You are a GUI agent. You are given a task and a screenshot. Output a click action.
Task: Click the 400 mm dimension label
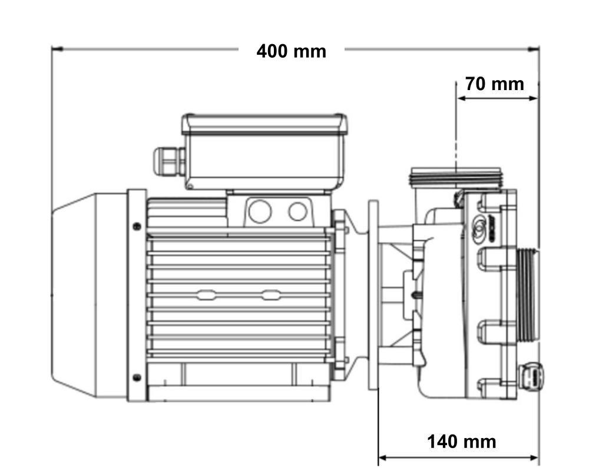pos(291,51)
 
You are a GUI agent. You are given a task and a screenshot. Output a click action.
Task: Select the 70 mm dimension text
pos(494,84)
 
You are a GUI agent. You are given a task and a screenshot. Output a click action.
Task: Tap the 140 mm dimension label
pos(461,442)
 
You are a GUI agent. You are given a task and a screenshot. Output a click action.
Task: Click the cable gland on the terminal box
pos(169,161)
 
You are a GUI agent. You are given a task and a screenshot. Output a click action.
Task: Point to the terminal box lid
pos(264,124)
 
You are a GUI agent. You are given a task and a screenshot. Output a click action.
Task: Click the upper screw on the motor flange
pos(137,226)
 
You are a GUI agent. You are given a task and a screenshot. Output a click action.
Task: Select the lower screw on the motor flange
pos(137,377)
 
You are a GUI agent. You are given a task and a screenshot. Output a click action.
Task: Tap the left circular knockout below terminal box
pos(260,211)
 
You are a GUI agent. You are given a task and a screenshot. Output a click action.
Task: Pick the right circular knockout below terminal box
pos(298,211)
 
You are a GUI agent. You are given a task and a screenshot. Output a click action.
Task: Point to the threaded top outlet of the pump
pos(456,177)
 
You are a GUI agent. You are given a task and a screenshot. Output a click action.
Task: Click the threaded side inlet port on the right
pos(528,295)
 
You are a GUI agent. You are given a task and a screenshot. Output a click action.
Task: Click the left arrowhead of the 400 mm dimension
pos(57,49)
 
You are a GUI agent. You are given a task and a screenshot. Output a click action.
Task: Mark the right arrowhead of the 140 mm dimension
pos(534,458)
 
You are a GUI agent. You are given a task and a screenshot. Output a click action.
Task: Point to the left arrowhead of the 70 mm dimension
pos(462,98)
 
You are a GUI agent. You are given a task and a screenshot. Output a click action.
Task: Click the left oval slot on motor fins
pos(206,295)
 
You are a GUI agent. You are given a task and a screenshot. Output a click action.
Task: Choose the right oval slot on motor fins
pos(270,295)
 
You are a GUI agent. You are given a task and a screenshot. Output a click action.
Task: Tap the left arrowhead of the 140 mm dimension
pos(383,458)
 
